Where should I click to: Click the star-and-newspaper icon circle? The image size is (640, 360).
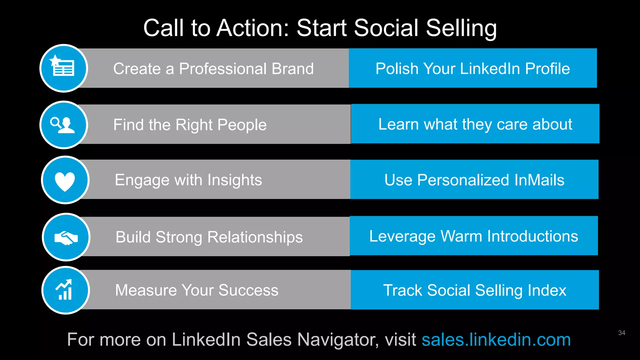[64, 68]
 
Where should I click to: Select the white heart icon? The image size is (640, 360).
[65, 181]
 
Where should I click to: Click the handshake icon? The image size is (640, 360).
[66, 237]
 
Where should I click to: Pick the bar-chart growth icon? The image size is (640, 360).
[65, 290]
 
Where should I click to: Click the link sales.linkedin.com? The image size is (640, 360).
[496, 340]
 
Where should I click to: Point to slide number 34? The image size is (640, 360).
[622, 333]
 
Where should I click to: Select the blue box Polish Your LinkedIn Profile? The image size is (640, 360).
[472, 68]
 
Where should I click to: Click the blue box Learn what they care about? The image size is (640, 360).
[475, 124]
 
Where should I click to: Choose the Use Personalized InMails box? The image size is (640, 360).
[474, 180]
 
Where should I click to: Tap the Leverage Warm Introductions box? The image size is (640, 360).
[473, 236]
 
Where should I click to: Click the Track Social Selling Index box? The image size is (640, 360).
[474, 290]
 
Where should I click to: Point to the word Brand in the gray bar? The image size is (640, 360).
[292, 69]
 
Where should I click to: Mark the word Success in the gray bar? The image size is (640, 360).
[248, 290]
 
